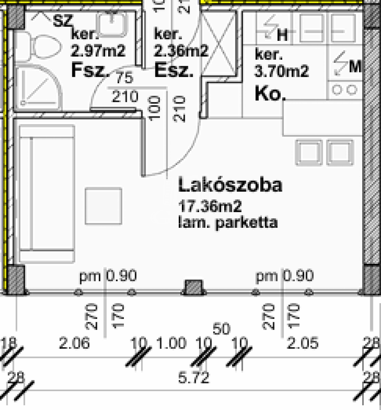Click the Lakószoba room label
click(230, 185)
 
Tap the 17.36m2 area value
click(210, 207)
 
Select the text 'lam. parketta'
click(227, 223)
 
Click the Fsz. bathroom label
click(90, 70)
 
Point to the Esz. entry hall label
click(174, 71)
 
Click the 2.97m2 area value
click(98, 51)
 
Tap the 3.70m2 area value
click(281, 72)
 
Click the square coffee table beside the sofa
click(104, 206)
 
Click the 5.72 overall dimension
click(193, 377)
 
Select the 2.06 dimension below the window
click(74, 344)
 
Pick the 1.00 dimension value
click(173, 344)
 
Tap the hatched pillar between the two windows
click(193, 287)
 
